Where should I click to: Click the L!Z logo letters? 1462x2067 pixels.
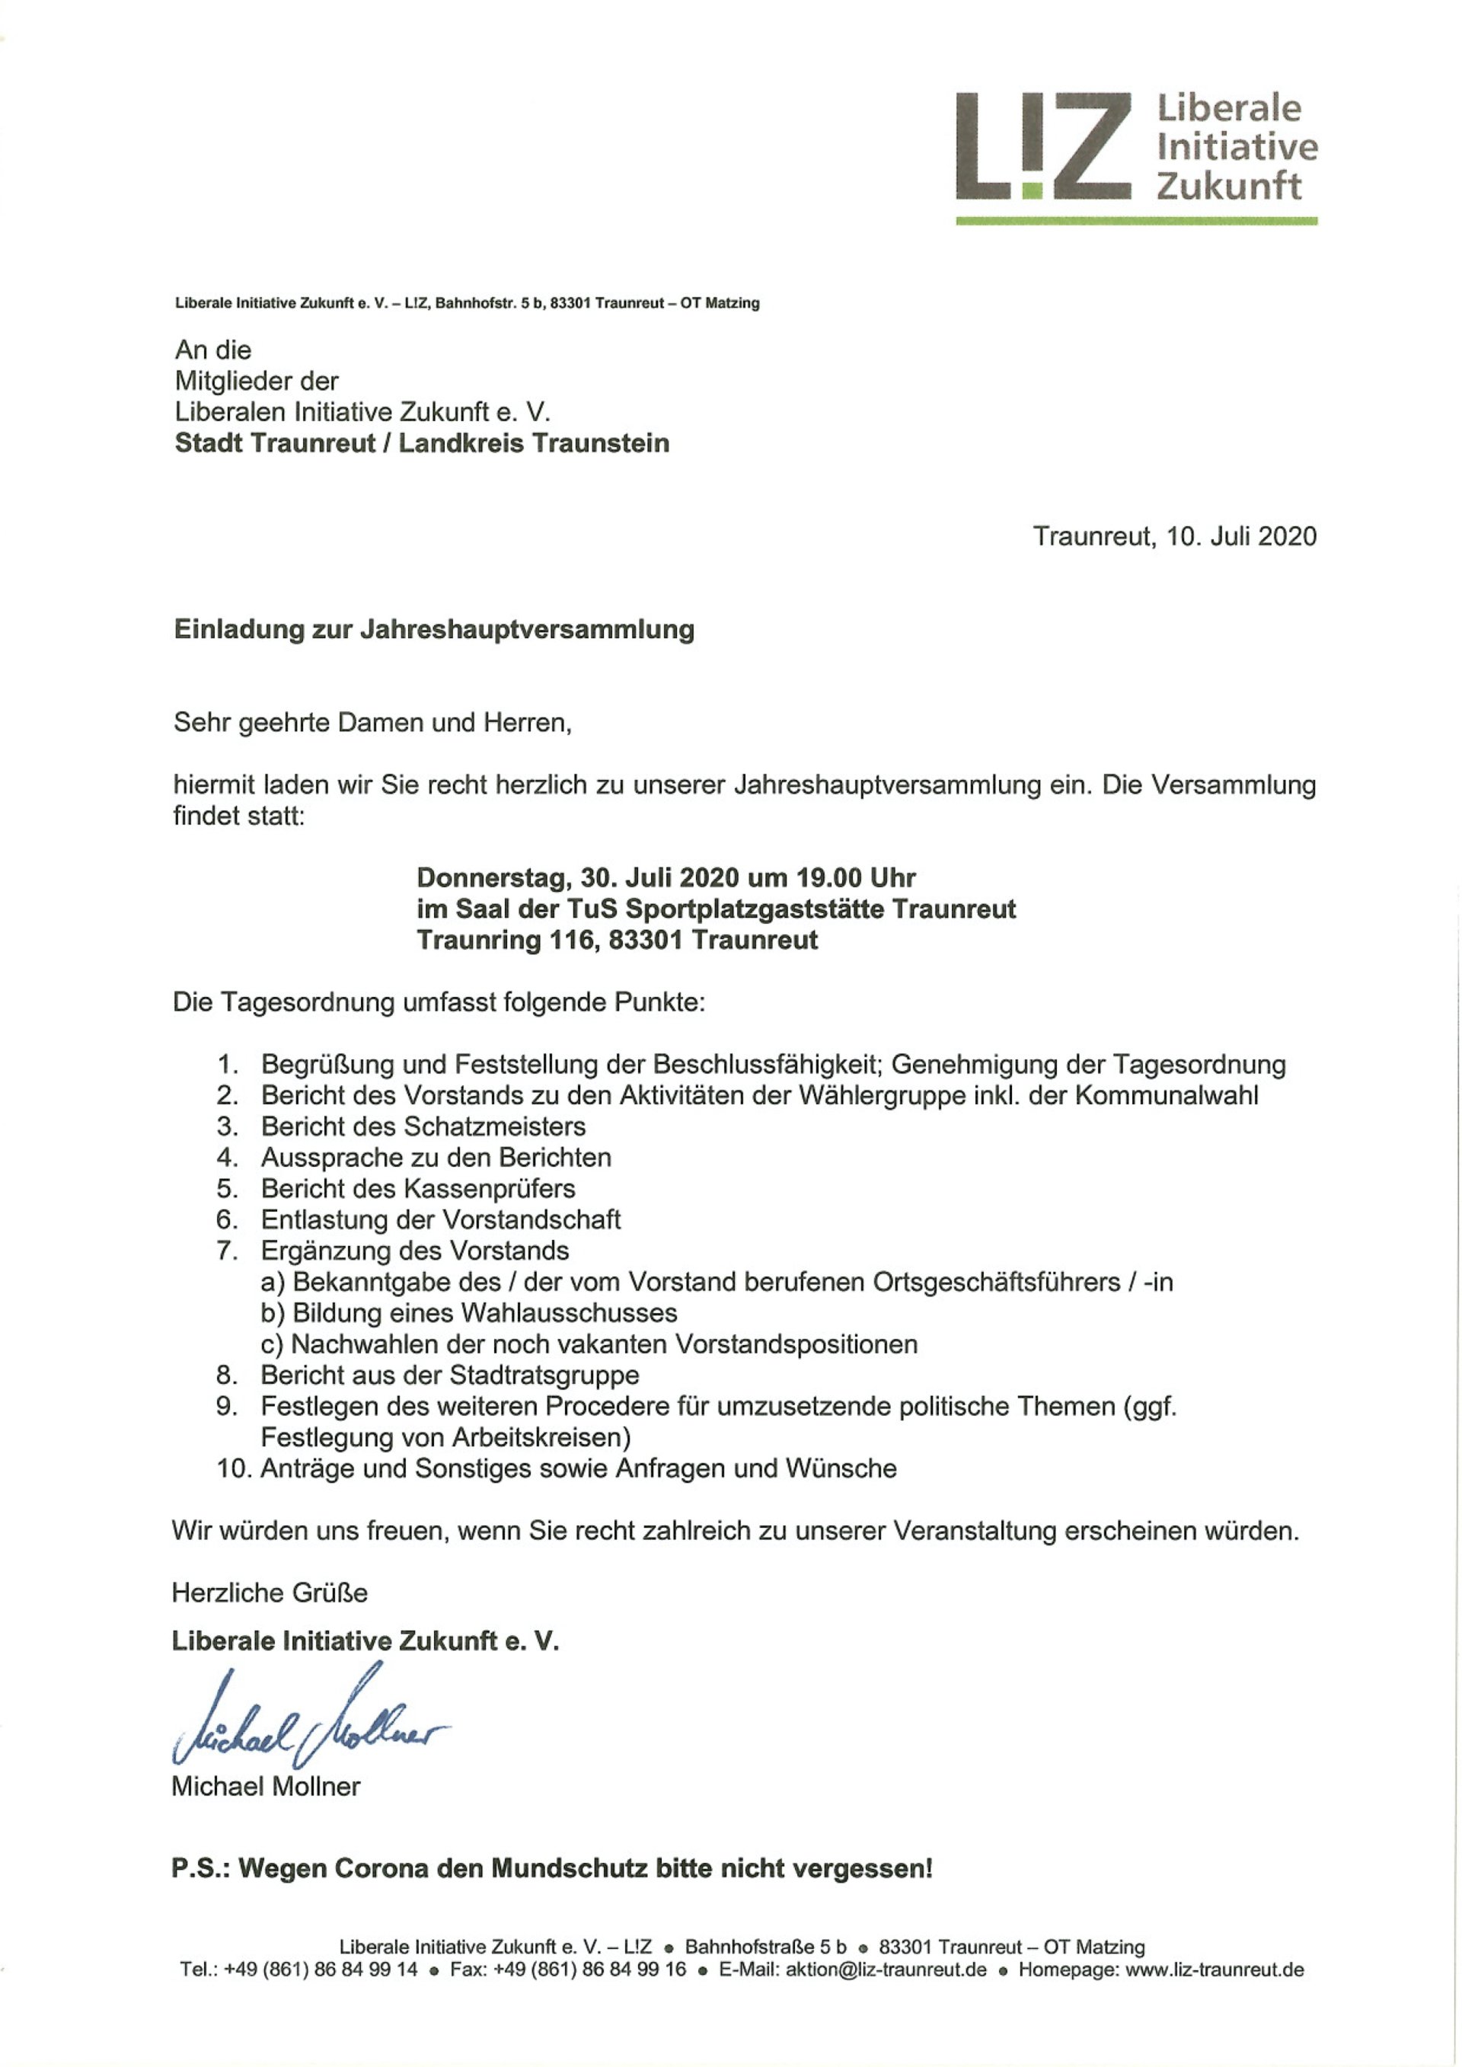1042,145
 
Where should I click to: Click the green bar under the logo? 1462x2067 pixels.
1136,221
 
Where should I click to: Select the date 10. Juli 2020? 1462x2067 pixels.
1241,537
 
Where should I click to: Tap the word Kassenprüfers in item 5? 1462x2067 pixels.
490,1188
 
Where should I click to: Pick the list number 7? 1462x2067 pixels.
227,1251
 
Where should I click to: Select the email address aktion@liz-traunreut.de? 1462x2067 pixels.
886,1969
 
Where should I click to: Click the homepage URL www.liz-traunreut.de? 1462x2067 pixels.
1215,1969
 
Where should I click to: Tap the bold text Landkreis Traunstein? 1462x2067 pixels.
534,443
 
